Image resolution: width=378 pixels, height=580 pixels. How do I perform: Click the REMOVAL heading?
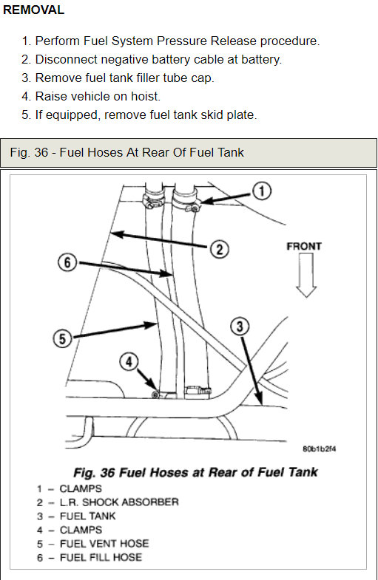pyautogui.click(x=34, y=10)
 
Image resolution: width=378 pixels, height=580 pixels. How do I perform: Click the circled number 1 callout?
pyautogui.click(x=262, y=191)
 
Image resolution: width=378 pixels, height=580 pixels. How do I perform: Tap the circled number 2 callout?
pyautogui.click(x=220, y=249)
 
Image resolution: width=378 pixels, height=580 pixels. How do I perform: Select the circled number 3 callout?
pyautogui.click(x=240, y=327)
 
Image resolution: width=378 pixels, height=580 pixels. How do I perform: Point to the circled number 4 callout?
pyautogui.click(x=129, y=361)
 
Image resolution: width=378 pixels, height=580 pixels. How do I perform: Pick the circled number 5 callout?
pyautogui.click(x=62, y=339)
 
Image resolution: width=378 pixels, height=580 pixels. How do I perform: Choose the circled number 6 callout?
pyautogui.click(x=67, y=262)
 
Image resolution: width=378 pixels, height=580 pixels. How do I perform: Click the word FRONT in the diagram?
pyautogui.click(x=304, y=246)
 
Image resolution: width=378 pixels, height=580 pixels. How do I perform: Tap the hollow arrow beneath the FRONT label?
pyautogui.click(x=306, y=275)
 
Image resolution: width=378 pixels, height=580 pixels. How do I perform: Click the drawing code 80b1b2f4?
pyautogui.click(x=320, y=448)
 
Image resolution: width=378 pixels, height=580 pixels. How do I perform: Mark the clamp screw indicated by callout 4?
pyautogui.click(x=156, y=395)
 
